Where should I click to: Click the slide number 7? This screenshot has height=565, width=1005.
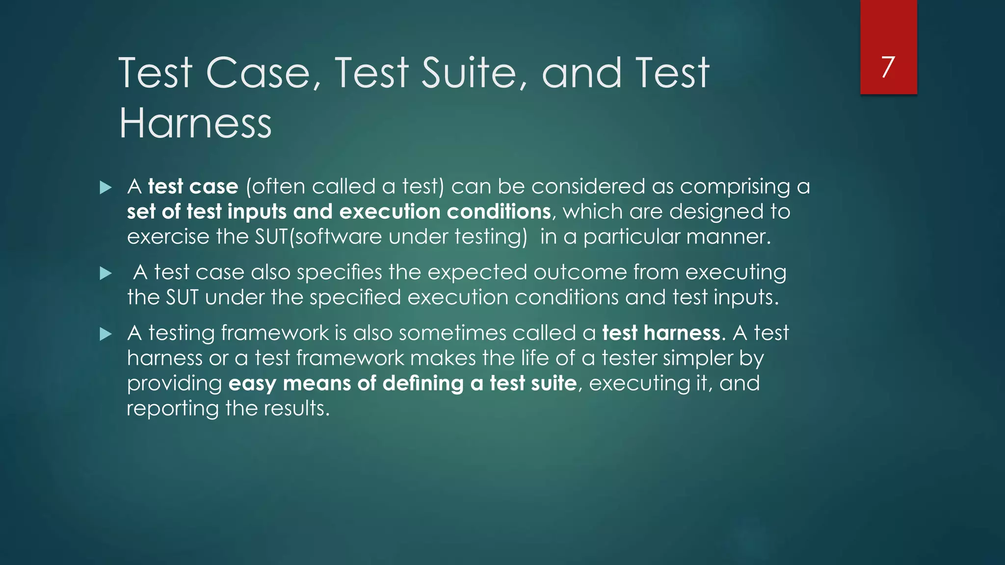(888, 67)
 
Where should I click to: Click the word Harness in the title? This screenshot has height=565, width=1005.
(195, 123)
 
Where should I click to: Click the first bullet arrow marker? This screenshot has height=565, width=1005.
(106, 187)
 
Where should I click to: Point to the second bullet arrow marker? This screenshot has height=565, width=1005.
(106, 273)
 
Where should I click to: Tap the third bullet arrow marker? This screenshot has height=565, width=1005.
(106, 334)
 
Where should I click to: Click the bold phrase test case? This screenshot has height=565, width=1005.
(193, 187)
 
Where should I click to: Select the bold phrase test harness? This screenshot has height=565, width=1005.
(661, 334)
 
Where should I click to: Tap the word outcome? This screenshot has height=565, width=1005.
(580, 273)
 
